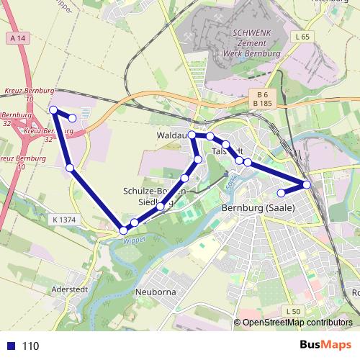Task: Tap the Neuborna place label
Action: pyautogui.click(x=156, y=293)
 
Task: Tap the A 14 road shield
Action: pyautogui.click(x=19, y=37)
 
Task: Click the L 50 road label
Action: pyautogui.click(x=292, y=311)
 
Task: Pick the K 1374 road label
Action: pyautogui.click(x=64, y=219)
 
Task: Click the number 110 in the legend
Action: pyautogui.click(x=31, y=346)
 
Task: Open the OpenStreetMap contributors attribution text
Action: pyautogui.click(x=297, y=323)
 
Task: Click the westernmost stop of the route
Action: pyautogui.click(x=53, y=109)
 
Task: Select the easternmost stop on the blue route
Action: pyautogui.click(x=307, y=185)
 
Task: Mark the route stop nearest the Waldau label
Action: pyautogui.click(x=192, y=135)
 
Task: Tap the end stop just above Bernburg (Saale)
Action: pyautogui.click(x=282, y=192)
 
